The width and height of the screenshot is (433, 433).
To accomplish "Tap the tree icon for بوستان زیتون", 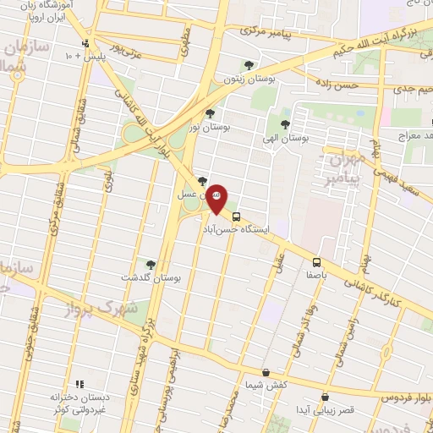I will tap(249, 64).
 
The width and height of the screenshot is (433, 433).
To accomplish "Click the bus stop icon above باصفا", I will tap(317, 262).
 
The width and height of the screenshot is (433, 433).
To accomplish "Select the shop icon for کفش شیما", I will tap(266, 372).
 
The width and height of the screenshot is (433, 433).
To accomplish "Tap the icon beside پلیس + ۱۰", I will tap(85, 44).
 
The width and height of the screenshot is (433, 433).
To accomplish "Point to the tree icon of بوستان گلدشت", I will tap(151, 265).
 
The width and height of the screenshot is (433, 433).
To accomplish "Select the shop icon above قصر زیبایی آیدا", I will tap(325, 397).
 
